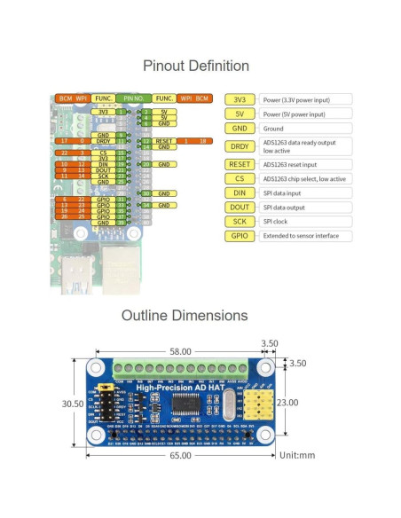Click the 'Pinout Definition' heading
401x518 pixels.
pos(196,67)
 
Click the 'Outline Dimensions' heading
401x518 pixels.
pos(196,316)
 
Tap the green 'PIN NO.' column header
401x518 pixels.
pos(134,98)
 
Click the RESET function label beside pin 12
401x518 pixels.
pos(163,141)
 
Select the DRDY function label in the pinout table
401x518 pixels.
pos(104,141)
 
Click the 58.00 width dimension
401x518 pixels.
pos(180,352)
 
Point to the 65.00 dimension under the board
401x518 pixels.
pos(179,454)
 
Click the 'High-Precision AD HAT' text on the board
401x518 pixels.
pos(173,388)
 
